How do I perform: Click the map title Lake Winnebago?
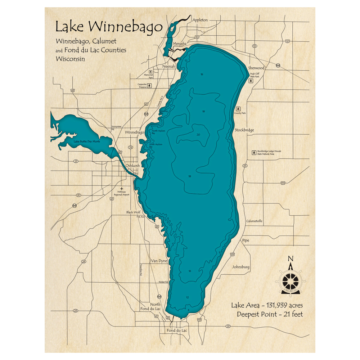(x=108, y=27)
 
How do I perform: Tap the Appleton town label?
(x=201, y=20)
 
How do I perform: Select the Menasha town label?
(x=180, y=44)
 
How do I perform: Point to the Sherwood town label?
(x=256, y=68)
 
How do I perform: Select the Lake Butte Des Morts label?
(x=87, y=141)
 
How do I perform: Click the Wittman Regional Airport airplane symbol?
(x=122, y=188)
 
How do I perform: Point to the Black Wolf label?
(x=133, y=212)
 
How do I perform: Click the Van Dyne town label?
(x=159, y=261)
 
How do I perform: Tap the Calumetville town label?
(x=254, y=221)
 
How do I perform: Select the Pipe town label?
(x=246, y=240)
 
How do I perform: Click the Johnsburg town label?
(x=241, y=267)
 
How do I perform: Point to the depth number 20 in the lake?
(x=198, y=135)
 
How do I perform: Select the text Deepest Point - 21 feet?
(x=270, y=314)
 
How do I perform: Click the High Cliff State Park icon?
(x=251, y=81)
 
